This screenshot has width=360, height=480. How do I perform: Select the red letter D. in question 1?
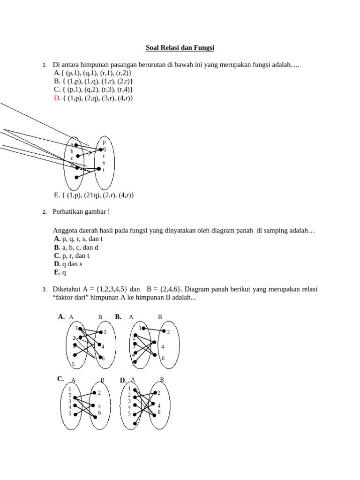click(x=57, y=98)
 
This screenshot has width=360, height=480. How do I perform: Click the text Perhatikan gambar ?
click(x=82, y=212)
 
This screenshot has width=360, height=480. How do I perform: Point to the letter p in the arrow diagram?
click(x=104, y=142)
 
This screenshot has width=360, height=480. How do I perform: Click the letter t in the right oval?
click(x=104, y=170)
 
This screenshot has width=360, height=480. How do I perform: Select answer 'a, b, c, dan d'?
click(x=80, y=247)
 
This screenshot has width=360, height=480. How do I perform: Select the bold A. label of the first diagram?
click(x=61, y=317)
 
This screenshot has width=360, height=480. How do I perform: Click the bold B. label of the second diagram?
click(x=118, y=317)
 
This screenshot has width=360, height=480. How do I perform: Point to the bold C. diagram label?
click(x=60, y=379)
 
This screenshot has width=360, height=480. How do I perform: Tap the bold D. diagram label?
click(x=123, y=380)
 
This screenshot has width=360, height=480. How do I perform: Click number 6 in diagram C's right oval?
click(x=99, y=413)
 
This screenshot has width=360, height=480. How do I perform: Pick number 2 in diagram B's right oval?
click(x=168, y=332)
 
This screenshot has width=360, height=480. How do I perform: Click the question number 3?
click(x=44, y=290)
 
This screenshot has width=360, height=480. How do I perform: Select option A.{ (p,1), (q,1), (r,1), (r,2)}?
click(x=93, y=73)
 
